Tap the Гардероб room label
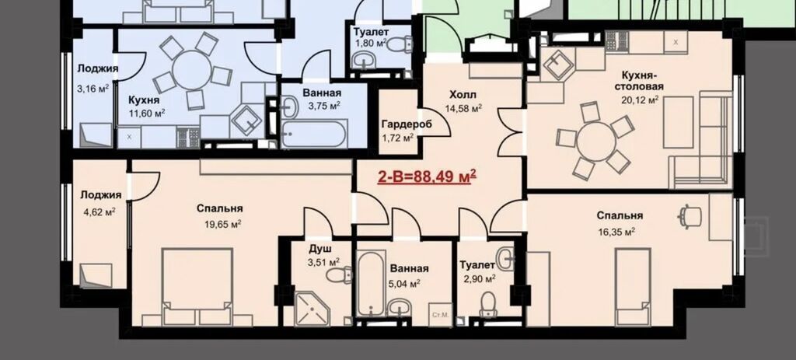click(404, 124)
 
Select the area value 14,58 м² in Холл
click(463, 108)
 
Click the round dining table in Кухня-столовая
click(596, 142)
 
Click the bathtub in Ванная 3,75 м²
click(314, 134)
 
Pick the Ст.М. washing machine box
click(440, 315)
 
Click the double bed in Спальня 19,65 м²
click(197, 286)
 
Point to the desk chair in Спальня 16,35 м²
click(690, 215)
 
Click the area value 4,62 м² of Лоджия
click(99, 212)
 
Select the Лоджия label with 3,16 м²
click(97, 69)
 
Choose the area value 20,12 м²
click(640, 100)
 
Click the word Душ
click(320, 250)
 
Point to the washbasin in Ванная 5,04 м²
click(400, 306)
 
